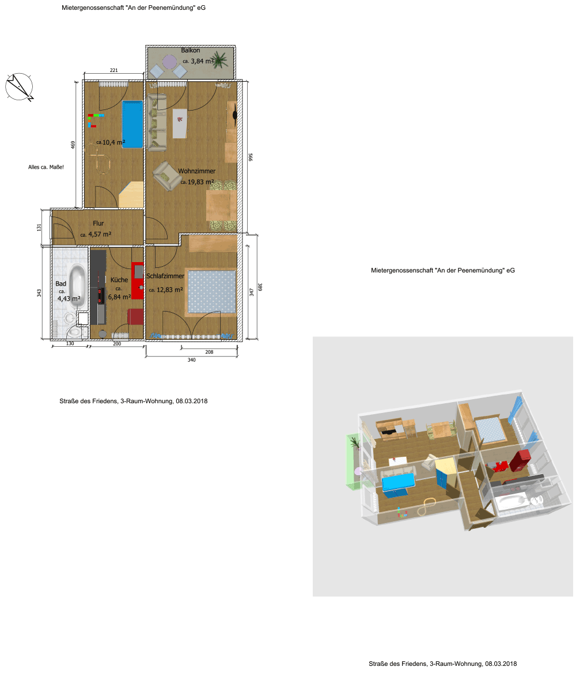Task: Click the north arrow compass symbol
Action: click(19, 87)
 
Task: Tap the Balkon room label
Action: click(190, 51)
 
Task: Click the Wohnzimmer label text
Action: click(197, 171)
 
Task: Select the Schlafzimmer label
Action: click(165, 276)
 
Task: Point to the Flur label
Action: click(98, 224)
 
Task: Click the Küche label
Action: click(119, 280)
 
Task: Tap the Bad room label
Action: click(60, 283)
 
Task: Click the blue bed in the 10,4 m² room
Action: click(132, 124)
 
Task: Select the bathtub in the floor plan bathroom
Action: click(78, 286)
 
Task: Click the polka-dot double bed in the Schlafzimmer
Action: click(211, 291)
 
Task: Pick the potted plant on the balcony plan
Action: click(220, 59)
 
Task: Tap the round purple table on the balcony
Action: click(169, 62)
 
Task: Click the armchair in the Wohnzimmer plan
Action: click(166, 175)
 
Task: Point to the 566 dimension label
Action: click(251, 157)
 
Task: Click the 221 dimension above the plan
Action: click(113, 70)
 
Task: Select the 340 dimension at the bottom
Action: click(192, 360)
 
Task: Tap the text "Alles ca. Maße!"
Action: click(46, 167)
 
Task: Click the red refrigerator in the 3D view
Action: click(520, 460)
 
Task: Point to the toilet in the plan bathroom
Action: click(74, 332)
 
